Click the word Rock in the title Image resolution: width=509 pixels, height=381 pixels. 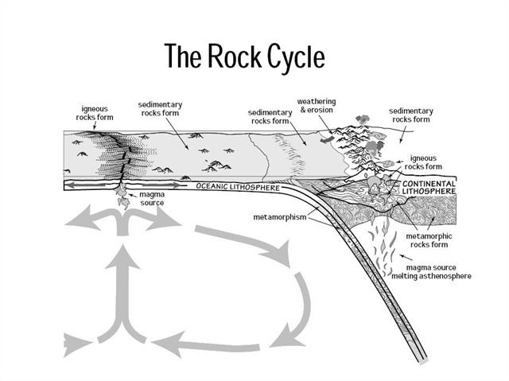pyautogui.click(x=227, y=56)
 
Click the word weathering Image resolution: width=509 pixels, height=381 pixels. pyautogui.click(x=317, y=102)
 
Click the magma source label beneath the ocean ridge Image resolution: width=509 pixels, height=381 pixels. pyautogui.click(x=150, y=198)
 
